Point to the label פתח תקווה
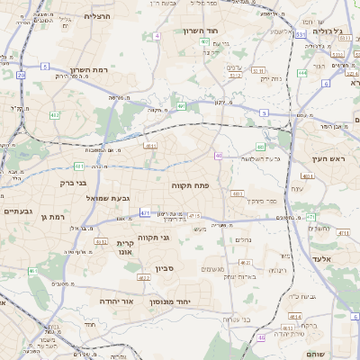coord(189,184)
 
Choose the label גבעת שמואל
coord(109,197)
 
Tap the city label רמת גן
coord(56,217)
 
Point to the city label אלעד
coord(322,257)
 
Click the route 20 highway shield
coord(21,76)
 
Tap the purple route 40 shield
coord(218,156)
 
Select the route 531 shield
coord(299,33)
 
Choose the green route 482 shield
coord(55,115)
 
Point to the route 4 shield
coord(157,35)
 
